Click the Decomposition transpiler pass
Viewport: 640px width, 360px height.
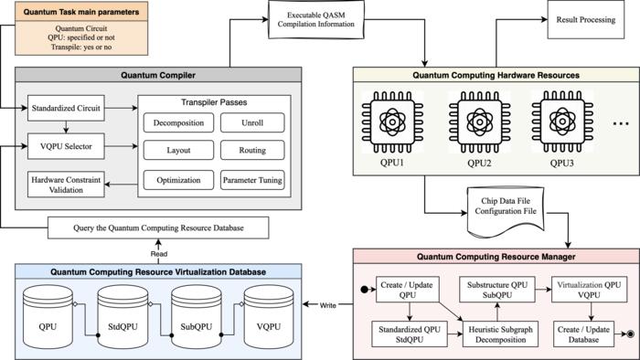[179, 121]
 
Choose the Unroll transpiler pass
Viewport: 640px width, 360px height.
[252, 121]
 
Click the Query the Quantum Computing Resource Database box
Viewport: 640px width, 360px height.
[156, 227]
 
